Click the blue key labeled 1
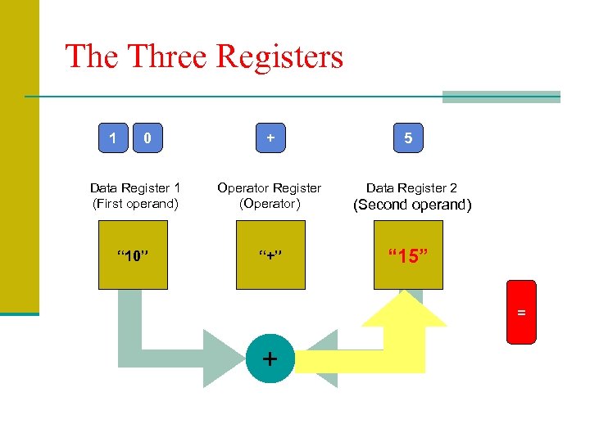click(113, 138)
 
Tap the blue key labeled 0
click(147, 138)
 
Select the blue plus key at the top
click(270, 138)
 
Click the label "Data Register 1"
click(135, 188)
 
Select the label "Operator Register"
click(270, 188)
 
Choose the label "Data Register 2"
click(411, 188)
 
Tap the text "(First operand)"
click(135, 204)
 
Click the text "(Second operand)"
click(411, 205)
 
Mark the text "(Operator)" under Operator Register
click(270, 204)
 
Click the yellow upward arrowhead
click(404, 308)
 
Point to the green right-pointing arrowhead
click(223, 358)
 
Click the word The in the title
click(91, 57)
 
